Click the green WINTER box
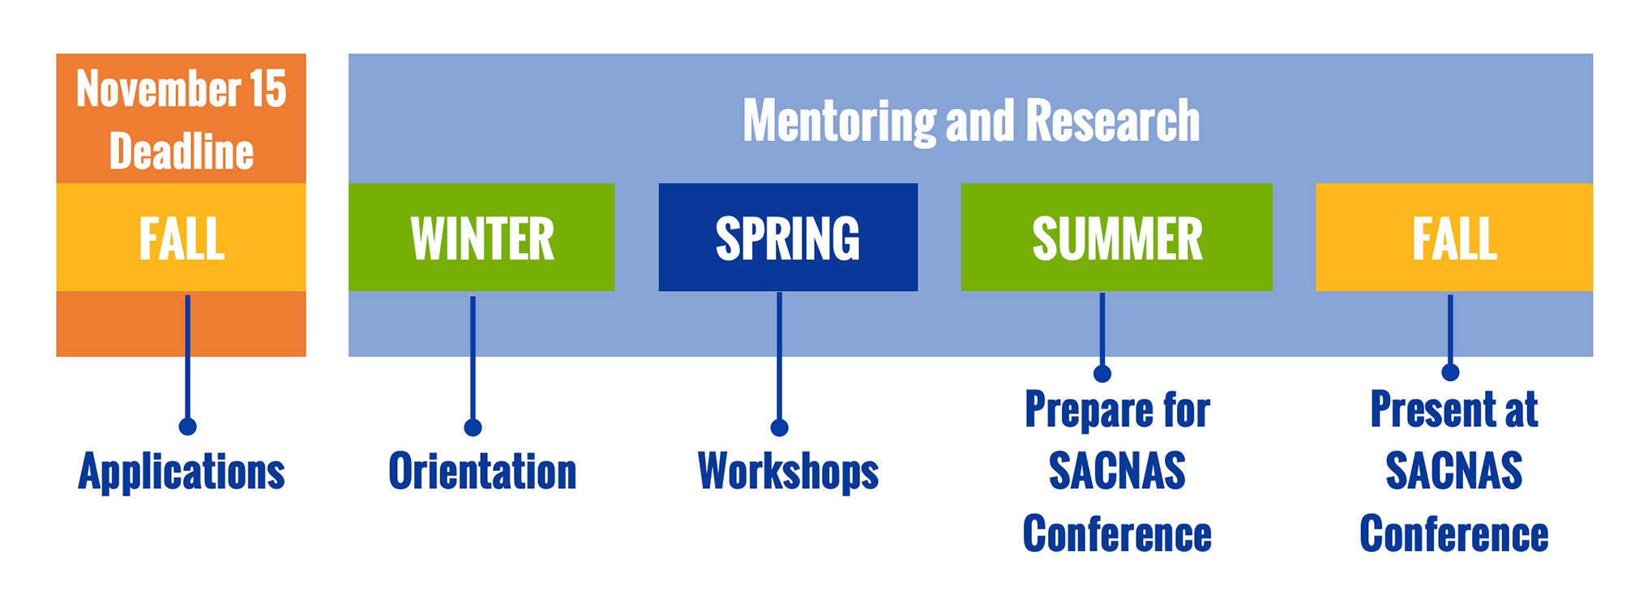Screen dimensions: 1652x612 coord(481,237)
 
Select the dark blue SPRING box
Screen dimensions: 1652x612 coord(788,237)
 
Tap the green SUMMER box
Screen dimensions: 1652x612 coord(1116,237)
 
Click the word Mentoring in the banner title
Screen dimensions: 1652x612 coord(839,122)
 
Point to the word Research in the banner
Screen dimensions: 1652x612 coord(1113,121)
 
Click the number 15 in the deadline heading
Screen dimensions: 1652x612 coord(267,88)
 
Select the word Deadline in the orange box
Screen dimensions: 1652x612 coord(182,151)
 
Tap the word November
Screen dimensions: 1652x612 coord(158,88)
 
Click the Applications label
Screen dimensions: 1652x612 coord(182,472)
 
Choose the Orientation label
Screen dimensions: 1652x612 coord(482,472)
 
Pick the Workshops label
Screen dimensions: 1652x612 coord(788,472)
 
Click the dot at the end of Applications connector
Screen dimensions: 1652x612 coord(187,426)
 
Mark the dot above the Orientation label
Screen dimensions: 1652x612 coord(473,427)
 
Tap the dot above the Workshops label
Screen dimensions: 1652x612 coord(779,427)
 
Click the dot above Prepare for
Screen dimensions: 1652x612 coord(1102,373)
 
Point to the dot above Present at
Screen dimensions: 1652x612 coord(1450,372)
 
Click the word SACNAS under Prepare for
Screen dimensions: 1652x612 coord(1117,471)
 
